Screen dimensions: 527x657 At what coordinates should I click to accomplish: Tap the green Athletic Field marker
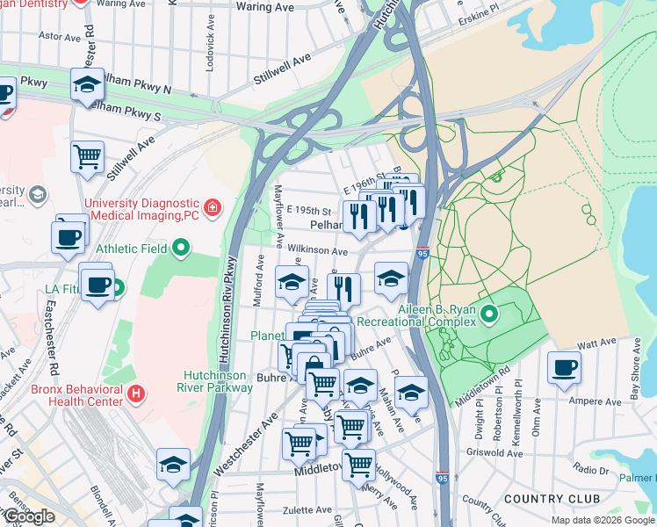[x=181, y=249]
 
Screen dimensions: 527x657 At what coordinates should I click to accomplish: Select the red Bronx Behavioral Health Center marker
[x=135, y=393]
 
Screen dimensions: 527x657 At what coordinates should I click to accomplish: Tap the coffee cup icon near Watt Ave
[x=564, y=367]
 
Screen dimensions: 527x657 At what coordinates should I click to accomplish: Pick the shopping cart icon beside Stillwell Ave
[x=87, y=157]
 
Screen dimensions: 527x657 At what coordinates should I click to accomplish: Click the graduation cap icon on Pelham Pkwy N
[x=87, y=84]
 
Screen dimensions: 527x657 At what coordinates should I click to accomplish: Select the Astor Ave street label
[x=61, y=37]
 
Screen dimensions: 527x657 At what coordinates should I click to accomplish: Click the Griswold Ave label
[x=496, y=453]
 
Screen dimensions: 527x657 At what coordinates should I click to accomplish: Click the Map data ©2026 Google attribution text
[x=603, y=520]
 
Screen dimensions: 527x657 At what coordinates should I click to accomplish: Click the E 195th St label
[x=309, y=211]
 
